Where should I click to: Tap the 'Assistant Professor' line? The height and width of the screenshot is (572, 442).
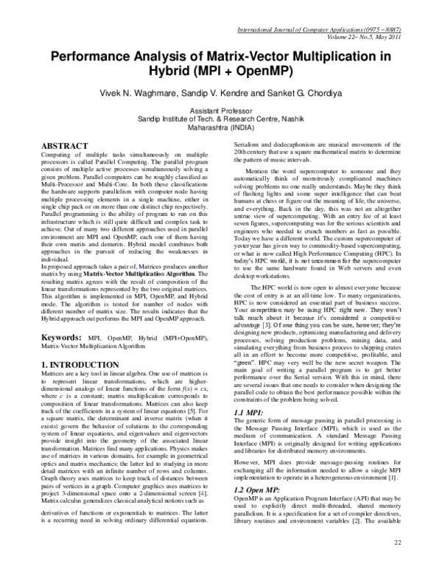click(221, 109)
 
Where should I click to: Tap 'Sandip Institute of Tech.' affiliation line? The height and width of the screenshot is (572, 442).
click(221, 117)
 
